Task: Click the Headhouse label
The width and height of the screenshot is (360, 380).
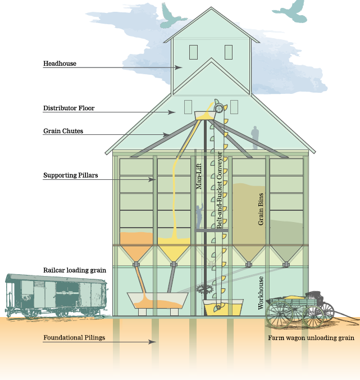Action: pyautogui.click(x=60, y=64)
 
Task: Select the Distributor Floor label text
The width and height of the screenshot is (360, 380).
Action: pyautogui.click(x=69, y=108)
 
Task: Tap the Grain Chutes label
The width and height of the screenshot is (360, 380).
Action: pyautogui.click(x=63, y=131)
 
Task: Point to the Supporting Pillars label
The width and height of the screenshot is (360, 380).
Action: pyautogui.click(x=71, y=175)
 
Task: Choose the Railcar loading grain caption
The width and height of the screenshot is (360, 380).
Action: pyautogui.click(x=75, y=270)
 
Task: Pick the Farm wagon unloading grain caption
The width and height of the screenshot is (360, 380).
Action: pyautogui.click(x=310, y=338)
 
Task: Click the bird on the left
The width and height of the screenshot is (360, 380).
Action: pyautogui.click(x=174, y=14)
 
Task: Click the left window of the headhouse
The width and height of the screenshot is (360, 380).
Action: pyautogui.click(x=193, y=52)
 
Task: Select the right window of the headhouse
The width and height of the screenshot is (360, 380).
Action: pyautogui.click(x=228, y=52)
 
